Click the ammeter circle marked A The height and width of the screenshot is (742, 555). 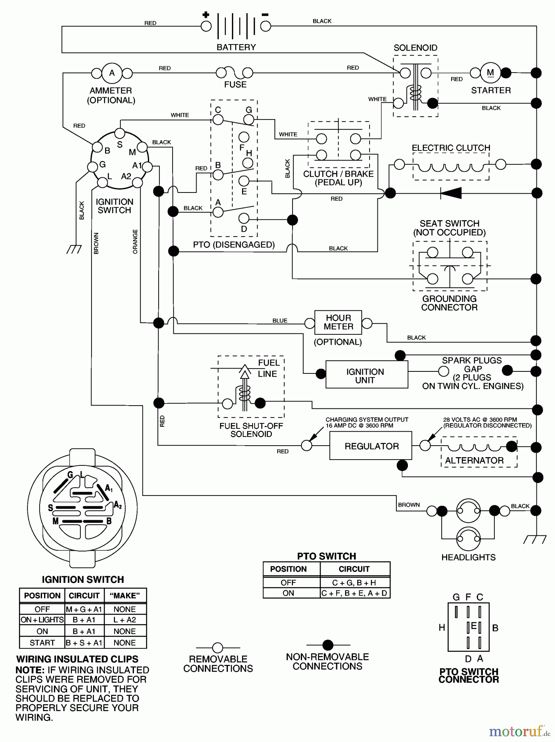(112, 73)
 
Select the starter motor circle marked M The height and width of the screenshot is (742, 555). (490, 73)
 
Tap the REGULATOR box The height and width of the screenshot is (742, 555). (371, 446)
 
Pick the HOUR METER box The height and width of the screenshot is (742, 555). (338, 322)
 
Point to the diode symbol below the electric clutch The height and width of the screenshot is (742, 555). (450, 193)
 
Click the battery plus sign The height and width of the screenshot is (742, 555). (206, 14)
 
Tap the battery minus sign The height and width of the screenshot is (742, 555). (265, 15)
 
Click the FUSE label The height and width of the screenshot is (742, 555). (235, 85)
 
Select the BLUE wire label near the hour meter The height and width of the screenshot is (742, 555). (280, 320)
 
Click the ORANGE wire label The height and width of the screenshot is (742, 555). (135, 242)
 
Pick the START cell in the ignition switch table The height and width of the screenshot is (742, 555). (42, 643)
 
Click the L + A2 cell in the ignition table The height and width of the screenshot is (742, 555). (124, 620)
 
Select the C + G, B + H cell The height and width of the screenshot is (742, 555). (354, 582)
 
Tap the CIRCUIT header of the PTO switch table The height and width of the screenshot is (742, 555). (354, 569)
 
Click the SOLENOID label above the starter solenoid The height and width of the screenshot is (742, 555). (415, 48)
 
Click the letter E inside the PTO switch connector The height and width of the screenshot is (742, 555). (473, 626)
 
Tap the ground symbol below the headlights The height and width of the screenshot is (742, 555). (534, 540)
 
